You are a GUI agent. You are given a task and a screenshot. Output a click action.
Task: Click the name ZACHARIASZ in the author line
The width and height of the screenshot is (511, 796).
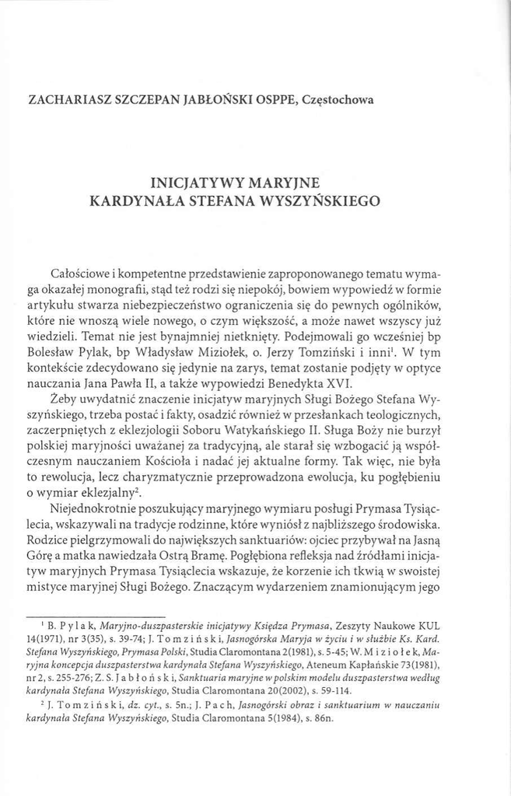coord(66,100)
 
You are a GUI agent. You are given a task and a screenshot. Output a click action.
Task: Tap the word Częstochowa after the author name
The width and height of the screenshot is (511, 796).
coord(338,100)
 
